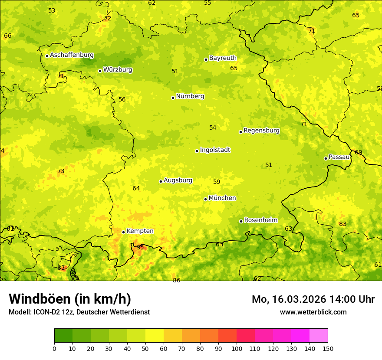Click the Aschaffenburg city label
coord(72,55)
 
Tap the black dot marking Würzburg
coord(100,71)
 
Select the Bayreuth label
coord(223,58)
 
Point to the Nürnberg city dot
coord(173,98)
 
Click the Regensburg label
coord(261,131)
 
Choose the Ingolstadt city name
coord(215,150)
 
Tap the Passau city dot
coord(326,158)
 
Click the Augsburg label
coord(178,180)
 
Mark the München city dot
coord(205,199)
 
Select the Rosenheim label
coord(260,220)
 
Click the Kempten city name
coord(140,231)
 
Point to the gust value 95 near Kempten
coord(140,247)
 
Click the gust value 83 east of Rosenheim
coord(343,224)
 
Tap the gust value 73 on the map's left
coord(61,171)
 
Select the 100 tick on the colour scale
coord(237,348)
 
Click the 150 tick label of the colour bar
coord(328,348)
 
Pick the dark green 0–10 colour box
coord(63,335)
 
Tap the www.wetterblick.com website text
coord(313,312)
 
